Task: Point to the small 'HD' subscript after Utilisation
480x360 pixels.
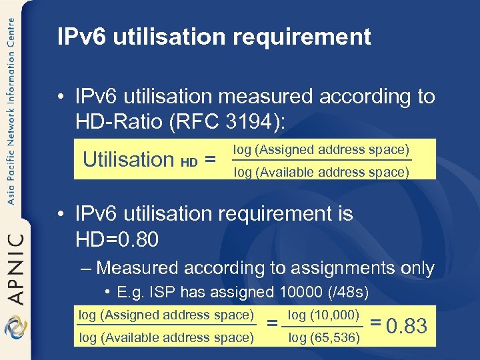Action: (x=189, y=162)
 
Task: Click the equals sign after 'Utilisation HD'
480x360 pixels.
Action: (x=210, y=160)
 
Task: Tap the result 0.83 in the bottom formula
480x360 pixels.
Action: (x=407, y=326)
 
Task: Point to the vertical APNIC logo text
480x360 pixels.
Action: (x=15, y=267)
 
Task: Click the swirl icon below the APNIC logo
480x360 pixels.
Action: (x=14, y=328)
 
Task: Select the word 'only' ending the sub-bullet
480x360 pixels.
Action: (x=417, y=269)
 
